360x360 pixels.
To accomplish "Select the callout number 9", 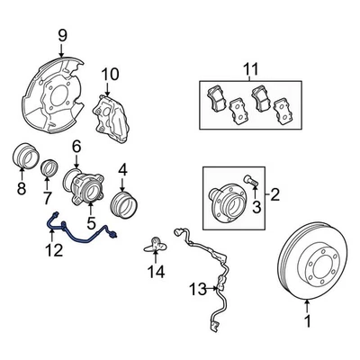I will coord(63,36).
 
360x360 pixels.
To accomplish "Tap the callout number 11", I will coord(251,67).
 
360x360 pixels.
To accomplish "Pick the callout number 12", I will coord(55,250).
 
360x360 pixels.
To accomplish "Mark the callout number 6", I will coord(76,146).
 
